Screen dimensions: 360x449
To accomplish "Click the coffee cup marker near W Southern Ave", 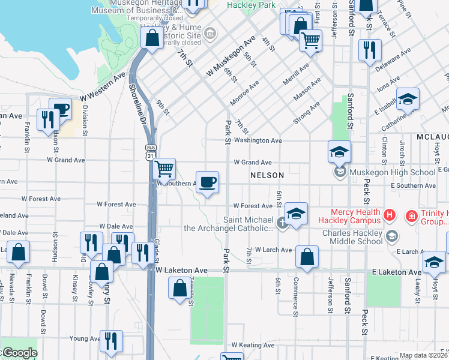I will point(207,182).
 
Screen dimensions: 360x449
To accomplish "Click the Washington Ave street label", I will point(258,140).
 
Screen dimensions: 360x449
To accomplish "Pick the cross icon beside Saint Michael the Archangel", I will point(280,224).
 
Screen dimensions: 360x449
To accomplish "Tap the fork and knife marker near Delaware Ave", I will point(370,50).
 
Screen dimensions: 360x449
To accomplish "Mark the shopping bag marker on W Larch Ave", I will point(307,257).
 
